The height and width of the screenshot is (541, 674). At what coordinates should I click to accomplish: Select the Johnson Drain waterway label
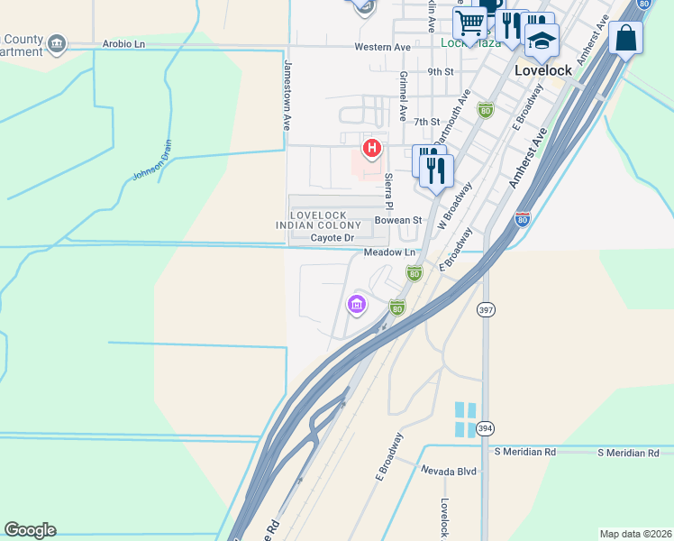pos(152,165)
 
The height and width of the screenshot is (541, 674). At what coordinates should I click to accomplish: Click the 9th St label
pos(440,71)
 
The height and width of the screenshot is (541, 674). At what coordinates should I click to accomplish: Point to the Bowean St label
pos(398,220)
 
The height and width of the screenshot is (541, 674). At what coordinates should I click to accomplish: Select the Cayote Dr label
pos(334,238)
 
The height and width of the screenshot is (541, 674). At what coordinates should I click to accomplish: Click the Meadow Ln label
pos(390,252)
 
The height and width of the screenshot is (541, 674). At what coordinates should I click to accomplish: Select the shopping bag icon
pos(626,38)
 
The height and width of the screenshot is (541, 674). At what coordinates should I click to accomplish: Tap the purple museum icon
pos(357,305)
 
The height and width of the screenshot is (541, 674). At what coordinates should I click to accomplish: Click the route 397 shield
pos(486,310)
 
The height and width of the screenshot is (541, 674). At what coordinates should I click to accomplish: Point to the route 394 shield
pos(486,428)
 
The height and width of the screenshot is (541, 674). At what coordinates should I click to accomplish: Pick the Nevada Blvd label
pos(448,470)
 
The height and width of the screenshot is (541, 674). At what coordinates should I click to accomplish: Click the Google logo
pos(30,530)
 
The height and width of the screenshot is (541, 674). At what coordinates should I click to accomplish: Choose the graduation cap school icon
pos(542,41)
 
